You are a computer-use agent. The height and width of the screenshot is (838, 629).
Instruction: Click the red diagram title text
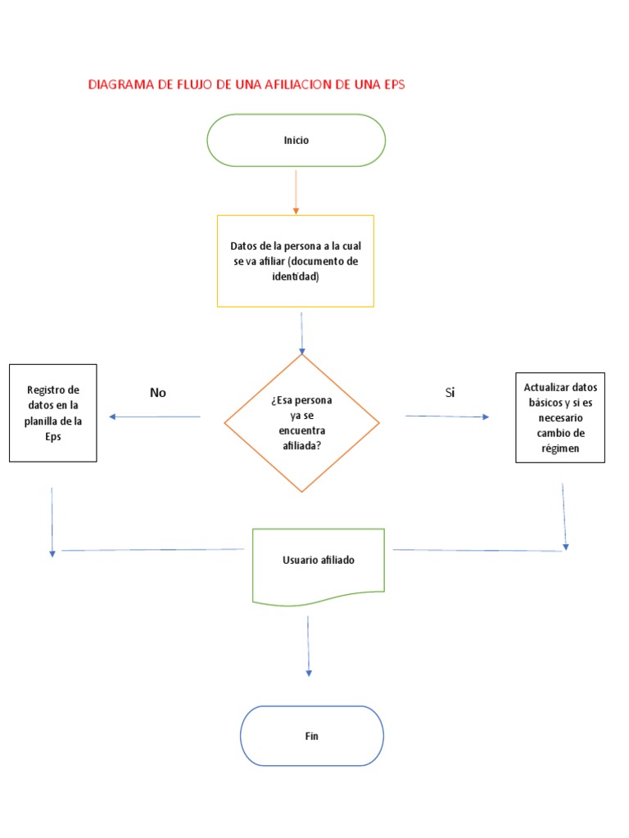point(247,84)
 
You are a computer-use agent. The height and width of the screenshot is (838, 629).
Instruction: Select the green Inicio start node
point(296,140)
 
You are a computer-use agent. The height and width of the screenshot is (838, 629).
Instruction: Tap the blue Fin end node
point(311,736)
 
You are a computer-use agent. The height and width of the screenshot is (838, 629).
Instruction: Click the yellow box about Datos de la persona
point(295,261)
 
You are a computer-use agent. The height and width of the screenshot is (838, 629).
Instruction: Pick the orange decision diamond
point(301,423)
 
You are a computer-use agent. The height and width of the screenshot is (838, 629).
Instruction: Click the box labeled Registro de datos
point(53,413)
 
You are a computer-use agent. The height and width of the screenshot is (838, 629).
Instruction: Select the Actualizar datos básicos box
point(560,417)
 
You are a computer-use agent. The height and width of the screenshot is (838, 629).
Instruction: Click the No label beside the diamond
point(158,393)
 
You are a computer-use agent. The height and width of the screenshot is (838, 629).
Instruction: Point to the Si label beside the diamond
point(450,393)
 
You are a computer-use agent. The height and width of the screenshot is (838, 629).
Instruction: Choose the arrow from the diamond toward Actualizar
point(447,417)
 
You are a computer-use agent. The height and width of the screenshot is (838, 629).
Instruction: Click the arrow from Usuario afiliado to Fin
point(308,646)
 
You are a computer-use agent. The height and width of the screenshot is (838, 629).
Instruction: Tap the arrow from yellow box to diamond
point(301,332)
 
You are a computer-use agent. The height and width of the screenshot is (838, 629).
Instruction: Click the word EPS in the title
point(393,84)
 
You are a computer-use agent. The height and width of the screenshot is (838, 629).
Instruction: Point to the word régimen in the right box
point(560,448)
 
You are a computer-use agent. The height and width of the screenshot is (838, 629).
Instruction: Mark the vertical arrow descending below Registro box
point(52,522)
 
